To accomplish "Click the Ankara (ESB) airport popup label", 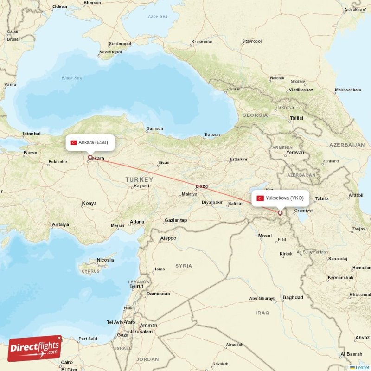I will (90, 142).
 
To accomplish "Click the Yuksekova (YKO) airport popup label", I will (280, 198).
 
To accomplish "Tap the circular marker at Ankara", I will (90, 157).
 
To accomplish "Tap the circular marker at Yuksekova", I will (280, 213).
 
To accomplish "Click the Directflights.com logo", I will (35, 348).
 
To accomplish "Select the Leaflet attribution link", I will (362, 367).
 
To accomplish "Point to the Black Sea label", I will (72, 78).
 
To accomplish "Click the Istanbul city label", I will (32, 134).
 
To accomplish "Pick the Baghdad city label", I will (293, 297).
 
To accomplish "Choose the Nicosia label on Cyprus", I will (104, 260).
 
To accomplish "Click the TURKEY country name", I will (139, 179).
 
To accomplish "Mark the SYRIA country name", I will (183, 266).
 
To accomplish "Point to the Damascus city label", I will (158, 294).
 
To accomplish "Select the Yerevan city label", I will (295, 152).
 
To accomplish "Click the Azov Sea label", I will (157, 16).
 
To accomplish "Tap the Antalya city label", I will (60, 224).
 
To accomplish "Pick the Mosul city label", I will (265, 236).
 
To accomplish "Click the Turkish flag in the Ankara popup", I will (74, 142).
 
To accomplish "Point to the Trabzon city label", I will (212, 135).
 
